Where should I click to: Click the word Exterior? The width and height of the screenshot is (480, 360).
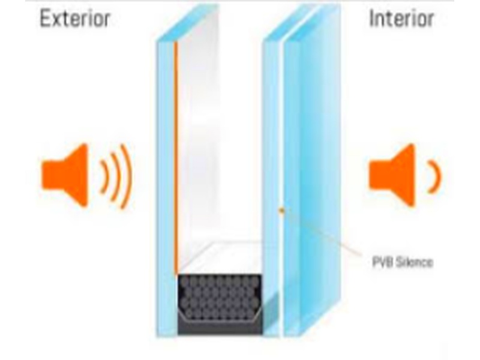(x=75, y=19)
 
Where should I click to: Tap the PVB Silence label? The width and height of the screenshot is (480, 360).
(x=399, y=262)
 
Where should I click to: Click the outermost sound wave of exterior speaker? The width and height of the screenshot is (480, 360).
(x=126, y=175)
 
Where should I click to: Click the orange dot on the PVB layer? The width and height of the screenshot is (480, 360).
(x=281, y=209)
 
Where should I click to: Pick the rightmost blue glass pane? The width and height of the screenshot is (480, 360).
(x=312, y=180)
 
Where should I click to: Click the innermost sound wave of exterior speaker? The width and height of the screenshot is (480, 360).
(x=102, y=175)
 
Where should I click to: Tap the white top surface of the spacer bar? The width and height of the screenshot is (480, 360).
(x=222, y=258)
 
